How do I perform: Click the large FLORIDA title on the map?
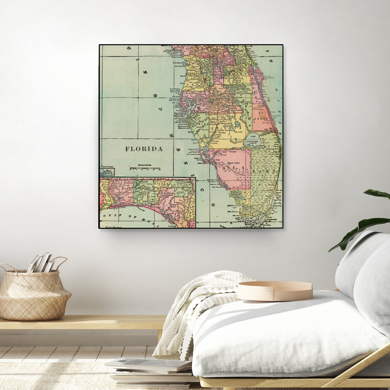pos(144,149)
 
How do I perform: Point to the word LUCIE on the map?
pos(261,119)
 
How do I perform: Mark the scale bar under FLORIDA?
pos(145,168)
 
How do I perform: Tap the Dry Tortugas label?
pos(108,166)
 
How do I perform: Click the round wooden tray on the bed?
pos(275,291)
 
